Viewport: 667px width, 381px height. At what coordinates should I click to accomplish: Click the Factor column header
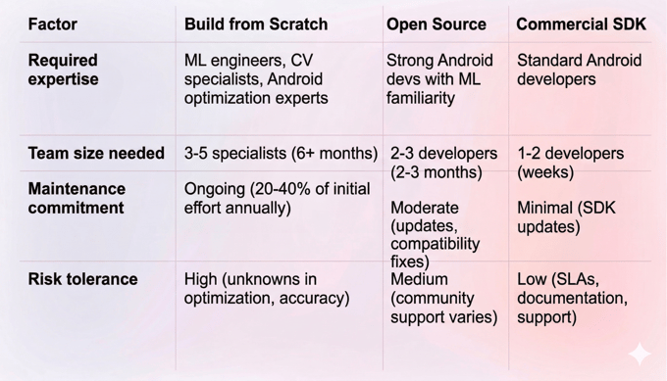tap(54, 24)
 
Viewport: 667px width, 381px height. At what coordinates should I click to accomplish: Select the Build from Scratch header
tap(256, 24)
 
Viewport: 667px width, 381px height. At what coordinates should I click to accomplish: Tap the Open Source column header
tap(436, 24)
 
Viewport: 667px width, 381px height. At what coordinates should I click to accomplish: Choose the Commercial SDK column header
tap(581, 24)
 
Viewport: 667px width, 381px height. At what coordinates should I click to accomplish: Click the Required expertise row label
tap(64, 70)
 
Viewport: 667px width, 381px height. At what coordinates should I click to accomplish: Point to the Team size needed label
tap(96, 154)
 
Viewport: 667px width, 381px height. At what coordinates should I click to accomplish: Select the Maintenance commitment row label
tap(77, 198)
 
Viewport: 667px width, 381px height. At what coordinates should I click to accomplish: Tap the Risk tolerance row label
tap(82, 280)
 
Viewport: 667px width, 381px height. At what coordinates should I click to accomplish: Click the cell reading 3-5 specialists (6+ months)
tap(281, 154)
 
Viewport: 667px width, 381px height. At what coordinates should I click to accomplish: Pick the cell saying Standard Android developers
tap(579, 70)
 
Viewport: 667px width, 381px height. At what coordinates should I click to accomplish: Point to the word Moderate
tap(425, 208)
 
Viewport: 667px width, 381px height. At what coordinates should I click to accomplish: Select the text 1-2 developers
tap(570, 154)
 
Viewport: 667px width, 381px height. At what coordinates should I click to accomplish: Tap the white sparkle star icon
tap(640, 354)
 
